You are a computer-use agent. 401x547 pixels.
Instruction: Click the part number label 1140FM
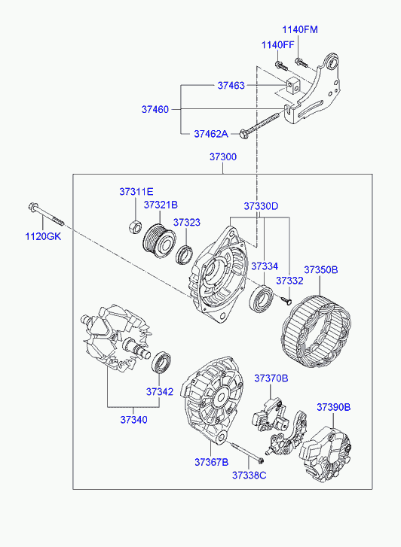[300, 29]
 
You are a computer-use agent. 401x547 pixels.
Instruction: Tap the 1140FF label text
[278, 45]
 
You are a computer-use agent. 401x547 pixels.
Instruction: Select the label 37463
[231, 86]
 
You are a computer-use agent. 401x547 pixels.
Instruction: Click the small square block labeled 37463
[293, 86]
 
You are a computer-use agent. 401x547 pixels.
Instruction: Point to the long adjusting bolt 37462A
[260, 124]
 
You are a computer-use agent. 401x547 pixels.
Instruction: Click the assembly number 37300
[223, 157]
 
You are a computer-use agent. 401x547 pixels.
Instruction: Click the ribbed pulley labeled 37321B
[159, 241]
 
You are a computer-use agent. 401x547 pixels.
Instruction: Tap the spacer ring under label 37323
[184, 254]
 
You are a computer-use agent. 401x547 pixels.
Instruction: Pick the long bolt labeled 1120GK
[46, 214]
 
